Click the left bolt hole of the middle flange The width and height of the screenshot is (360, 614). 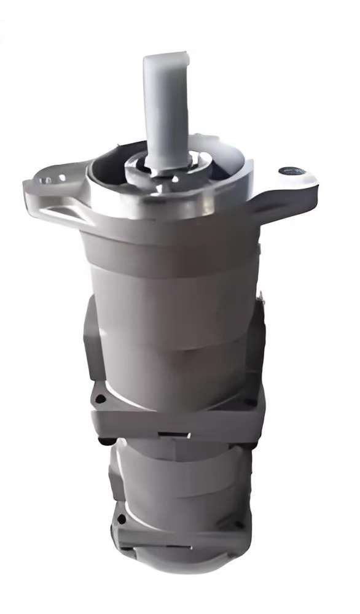pos(98,400)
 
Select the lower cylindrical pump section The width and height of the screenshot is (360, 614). pos(178,476)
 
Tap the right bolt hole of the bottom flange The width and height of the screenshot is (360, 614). pos(239,525)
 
